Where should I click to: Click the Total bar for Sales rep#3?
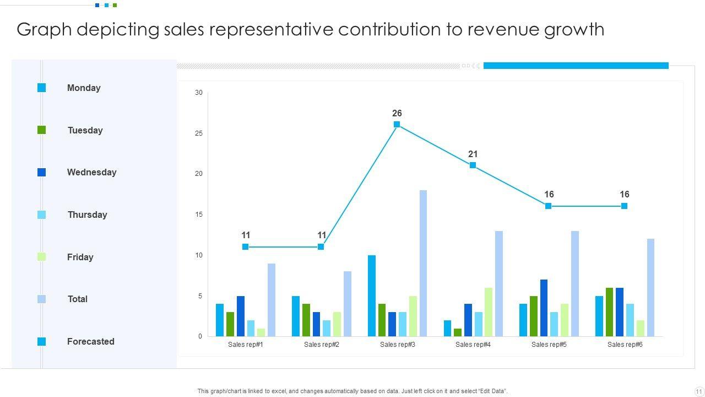[423, 264]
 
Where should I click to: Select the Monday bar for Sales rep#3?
[372, 296]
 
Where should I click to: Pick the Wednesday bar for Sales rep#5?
[544, 308]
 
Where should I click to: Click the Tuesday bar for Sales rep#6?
[609, 312]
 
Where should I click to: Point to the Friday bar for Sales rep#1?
[261, 332]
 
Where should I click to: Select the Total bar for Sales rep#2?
[348, 304]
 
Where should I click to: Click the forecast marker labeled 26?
[397, 125]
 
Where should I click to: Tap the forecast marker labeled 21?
[473, 165]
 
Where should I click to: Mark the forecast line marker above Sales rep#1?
[245, 247]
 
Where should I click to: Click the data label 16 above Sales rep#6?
[624, 194]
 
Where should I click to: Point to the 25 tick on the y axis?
[198, 133]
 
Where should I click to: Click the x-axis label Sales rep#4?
[473, 345]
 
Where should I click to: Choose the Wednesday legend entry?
[91, 172]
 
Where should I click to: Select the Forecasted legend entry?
[90, 341]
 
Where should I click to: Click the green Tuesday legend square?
[42, 130]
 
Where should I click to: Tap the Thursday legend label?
[87, 214]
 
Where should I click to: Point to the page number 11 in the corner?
[698, 391]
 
